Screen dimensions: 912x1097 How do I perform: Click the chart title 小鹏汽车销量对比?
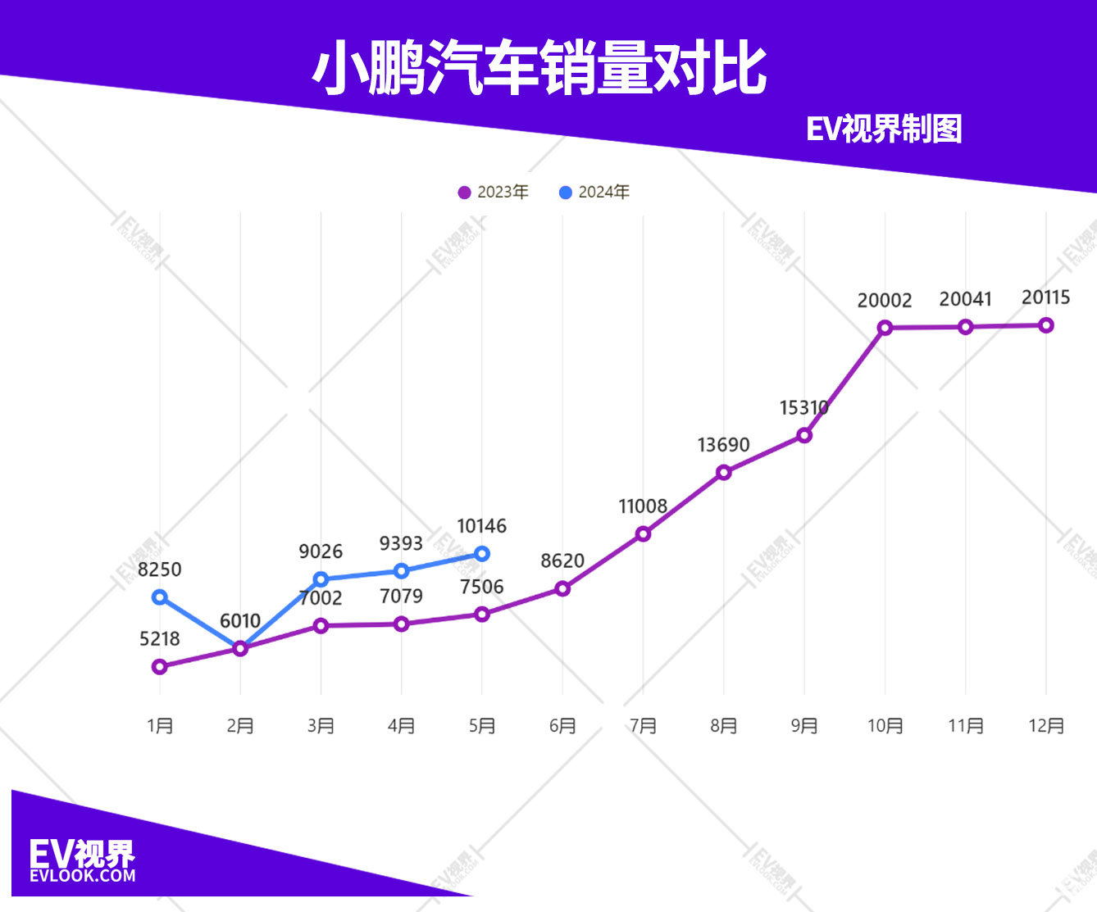pyautogui.click(x=539, y=69)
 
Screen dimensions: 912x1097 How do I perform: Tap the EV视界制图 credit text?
pyautogui.click(x=884, y=129)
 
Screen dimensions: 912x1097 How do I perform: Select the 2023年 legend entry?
pyautogui.click(x=494, y=193)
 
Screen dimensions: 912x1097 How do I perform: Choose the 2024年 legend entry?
pyautogui.click(x=594, y=193)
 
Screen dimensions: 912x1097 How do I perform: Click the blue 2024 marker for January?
pyautogui.click(x=160, y=597)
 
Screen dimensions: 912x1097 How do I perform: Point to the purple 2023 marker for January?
pyautogui.click(x=160, y=667)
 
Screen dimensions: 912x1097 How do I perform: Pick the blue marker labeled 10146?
pyautogui.click(x=482, y=554)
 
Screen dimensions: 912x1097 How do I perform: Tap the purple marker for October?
pyautogui.click(x=885, y=328)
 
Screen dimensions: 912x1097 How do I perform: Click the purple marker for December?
pyautogui.click(x=1046, y=325)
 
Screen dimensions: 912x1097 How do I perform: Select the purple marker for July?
pyautogui.click(x=644, y=534)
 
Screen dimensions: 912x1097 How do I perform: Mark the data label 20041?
pyautogui.click(x=965, y=299)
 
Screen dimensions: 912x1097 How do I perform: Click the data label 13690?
pyautogui.click(x=723, y=445)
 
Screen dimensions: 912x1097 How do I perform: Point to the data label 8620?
pyautogui.click(x=562, y=561)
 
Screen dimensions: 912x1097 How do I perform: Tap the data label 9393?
pyautogui.click(x=401, y=543)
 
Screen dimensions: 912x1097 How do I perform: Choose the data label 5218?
pyautogui.click(x=160, y=639)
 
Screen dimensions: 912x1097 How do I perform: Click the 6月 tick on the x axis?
pyautogui.click(x=562, y=726)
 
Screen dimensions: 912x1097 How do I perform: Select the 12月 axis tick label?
pyautogui.click(x=1046, y=726)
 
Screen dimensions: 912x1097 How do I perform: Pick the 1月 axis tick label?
pyautogui.click(x=160, y=726)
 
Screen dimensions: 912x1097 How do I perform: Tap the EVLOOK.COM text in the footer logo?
pyautogui.click(x=82, y=876)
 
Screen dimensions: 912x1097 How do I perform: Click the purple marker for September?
pyautogui.click(x=804, y=436)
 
